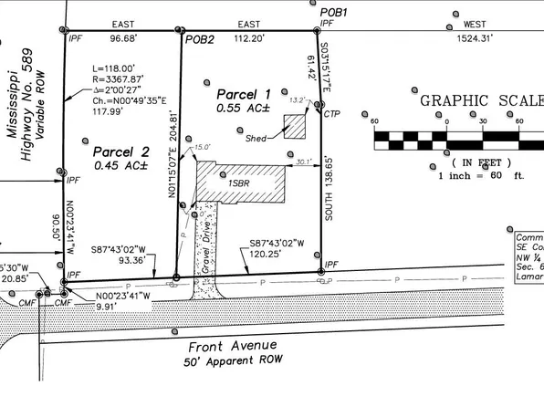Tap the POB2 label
tap(199, 40)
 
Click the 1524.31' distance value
tap(476, 38)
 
